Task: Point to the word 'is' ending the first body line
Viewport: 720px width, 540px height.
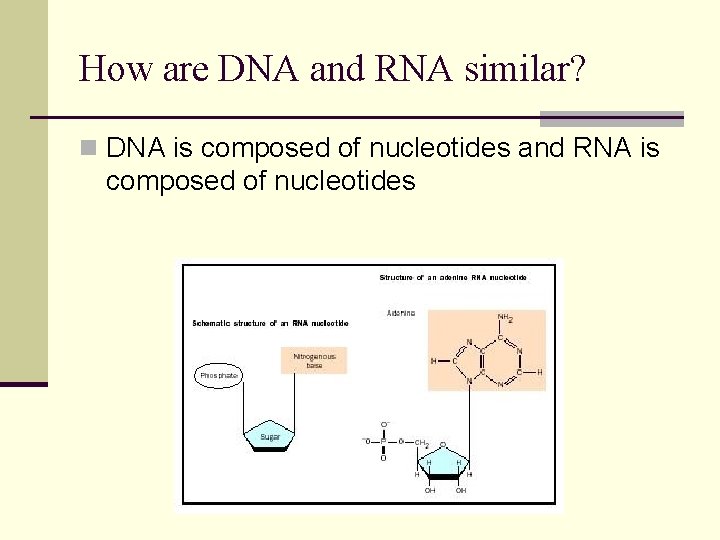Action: point(649,149)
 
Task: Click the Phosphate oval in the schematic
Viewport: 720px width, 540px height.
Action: point(218,375)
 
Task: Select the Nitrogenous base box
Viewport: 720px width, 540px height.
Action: point(314,361)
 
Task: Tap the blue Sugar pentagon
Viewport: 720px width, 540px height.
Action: point(271,436)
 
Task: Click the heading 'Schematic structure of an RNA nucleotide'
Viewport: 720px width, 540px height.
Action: point(270,323)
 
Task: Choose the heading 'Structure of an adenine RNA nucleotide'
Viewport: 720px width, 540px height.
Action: point(453,277)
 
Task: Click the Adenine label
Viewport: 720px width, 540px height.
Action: point(401,313)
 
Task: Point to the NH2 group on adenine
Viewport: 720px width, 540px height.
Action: point(504,319)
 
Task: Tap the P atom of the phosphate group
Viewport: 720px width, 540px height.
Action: point(383,441)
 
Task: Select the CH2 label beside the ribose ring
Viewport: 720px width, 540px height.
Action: point(421,442)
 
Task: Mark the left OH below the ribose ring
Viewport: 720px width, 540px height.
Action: point(429,491)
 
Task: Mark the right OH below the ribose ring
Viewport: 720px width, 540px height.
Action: point(461,491)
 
